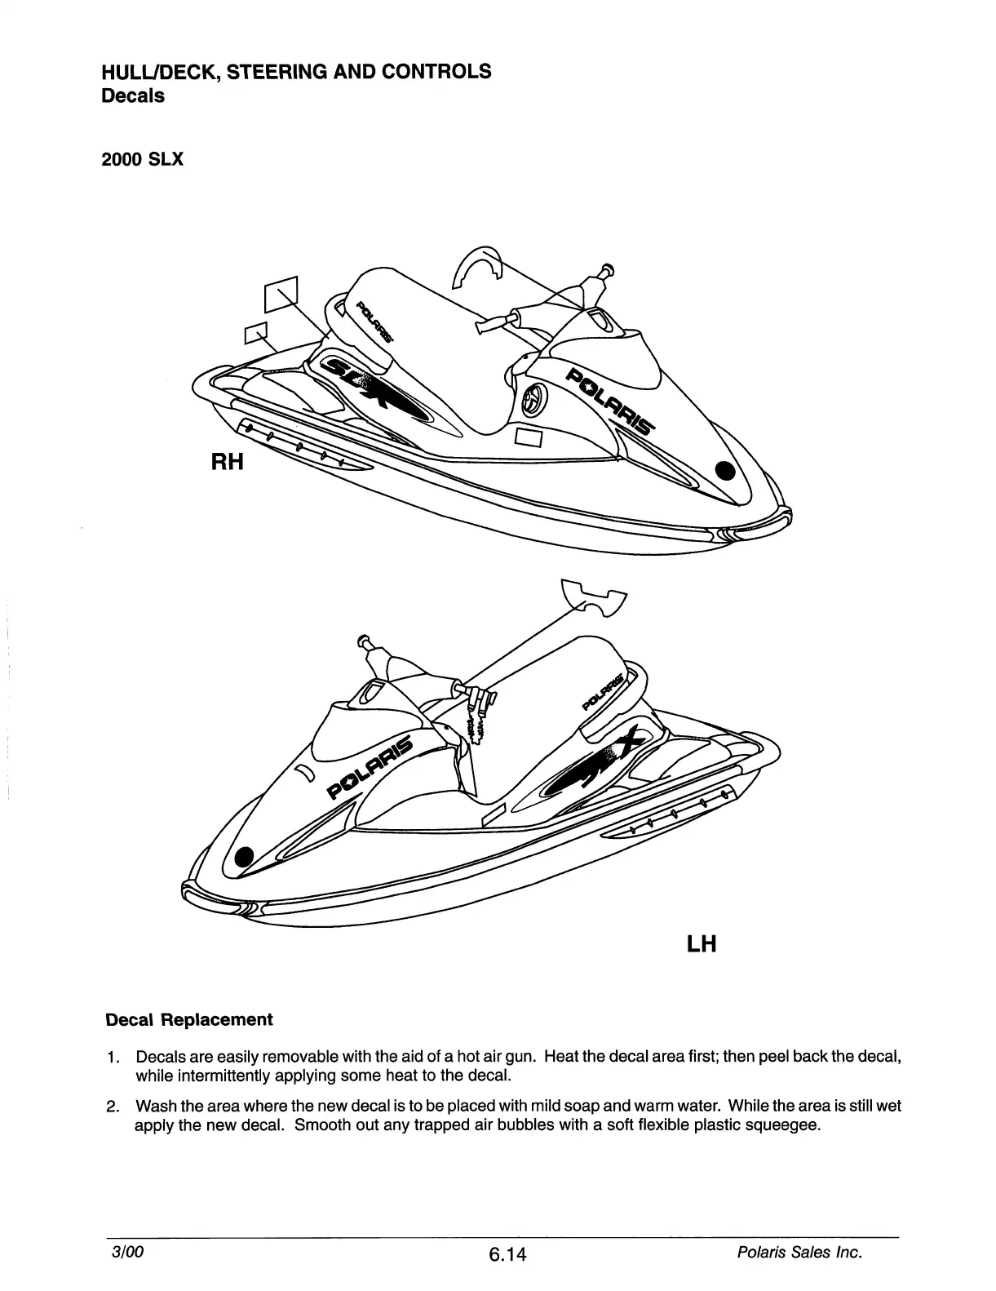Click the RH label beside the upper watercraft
click(x=228, y=462)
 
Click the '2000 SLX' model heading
click(x=143, y=159)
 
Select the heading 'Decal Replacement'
click(x=189, y=1020)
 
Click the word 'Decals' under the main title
click(x=132, y=95)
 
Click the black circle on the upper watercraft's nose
click(x=724, y=471)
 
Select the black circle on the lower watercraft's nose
click(x=243, y=856)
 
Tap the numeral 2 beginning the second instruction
click(x=112, y=1107)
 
